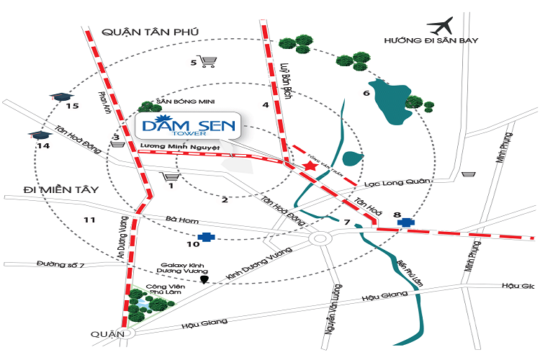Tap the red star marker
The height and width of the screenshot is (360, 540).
(310, 167)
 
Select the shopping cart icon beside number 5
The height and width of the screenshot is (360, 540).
(210, 63)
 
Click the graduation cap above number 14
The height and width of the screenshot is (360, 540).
(37, 135)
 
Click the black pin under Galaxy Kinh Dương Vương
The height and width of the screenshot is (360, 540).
(204, 279)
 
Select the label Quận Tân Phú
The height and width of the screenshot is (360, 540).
(149, 32)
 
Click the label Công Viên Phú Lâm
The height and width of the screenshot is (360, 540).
(161, 290)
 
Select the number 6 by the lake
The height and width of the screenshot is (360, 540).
(366, 94)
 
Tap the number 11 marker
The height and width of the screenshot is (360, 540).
(89, 219)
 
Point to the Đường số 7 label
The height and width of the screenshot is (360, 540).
(61, 265)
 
